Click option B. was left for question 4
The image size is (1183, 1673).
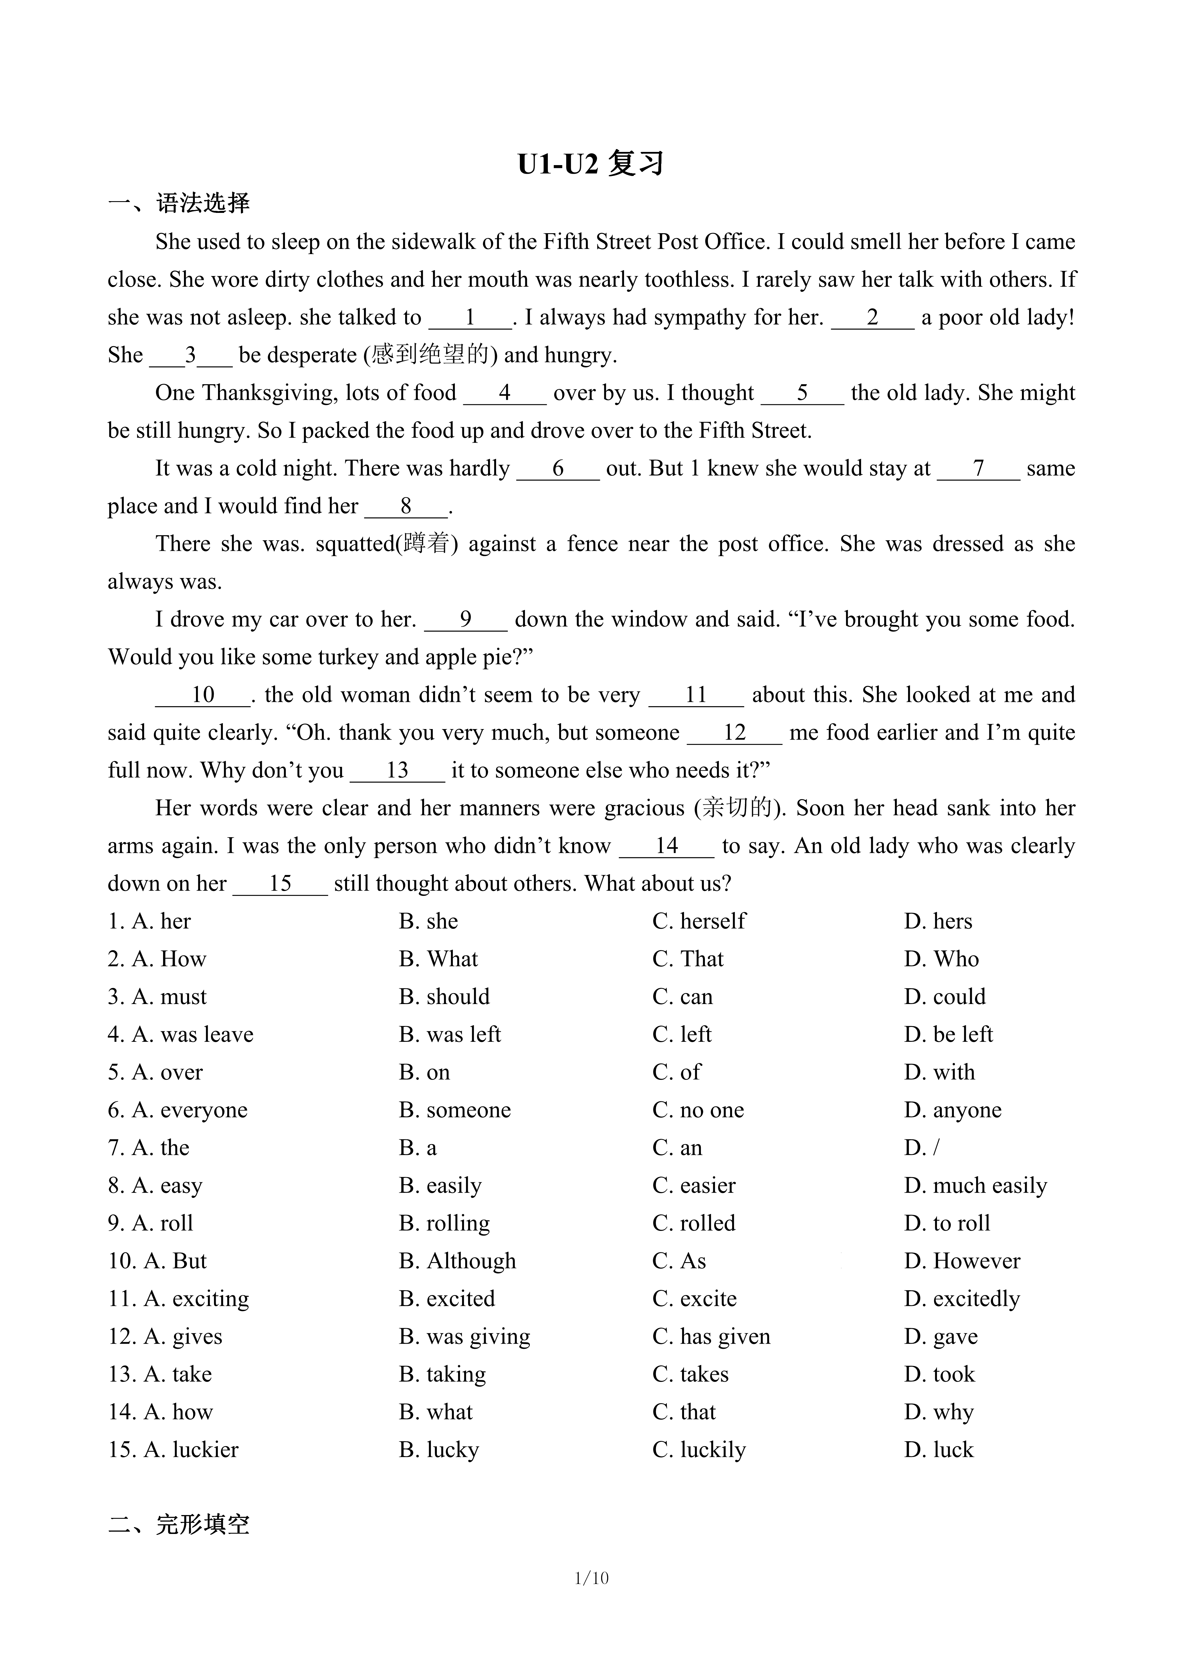pyautogui.click(x=449, y=1035)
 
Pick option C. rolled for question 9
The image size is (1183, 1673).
pyautogui.click(x=693, y=1223)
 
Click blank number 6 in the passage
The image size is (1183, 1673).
pyautogui.click(x=558, y=468)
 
